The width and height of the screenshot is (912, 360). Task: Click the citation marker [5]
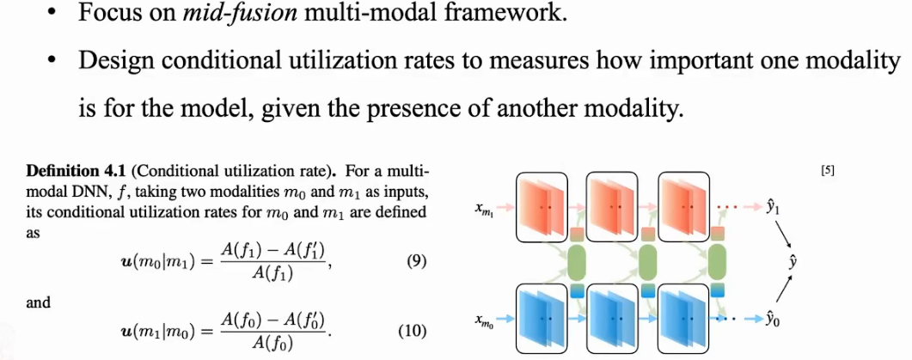(x=828, y=170)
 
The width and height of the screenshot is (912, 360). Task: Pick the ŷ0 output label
(x=773, y=320)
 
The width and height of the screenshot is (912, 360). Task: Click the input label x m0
(x=483, y=320)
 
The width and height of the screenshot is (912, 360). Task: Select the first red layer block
(x=542, y=207)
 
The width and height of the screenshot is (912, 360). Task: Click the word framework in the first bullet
(x=520, y=15)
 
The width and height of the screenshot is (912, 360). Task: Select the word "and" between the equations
(x=40, y=302)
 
